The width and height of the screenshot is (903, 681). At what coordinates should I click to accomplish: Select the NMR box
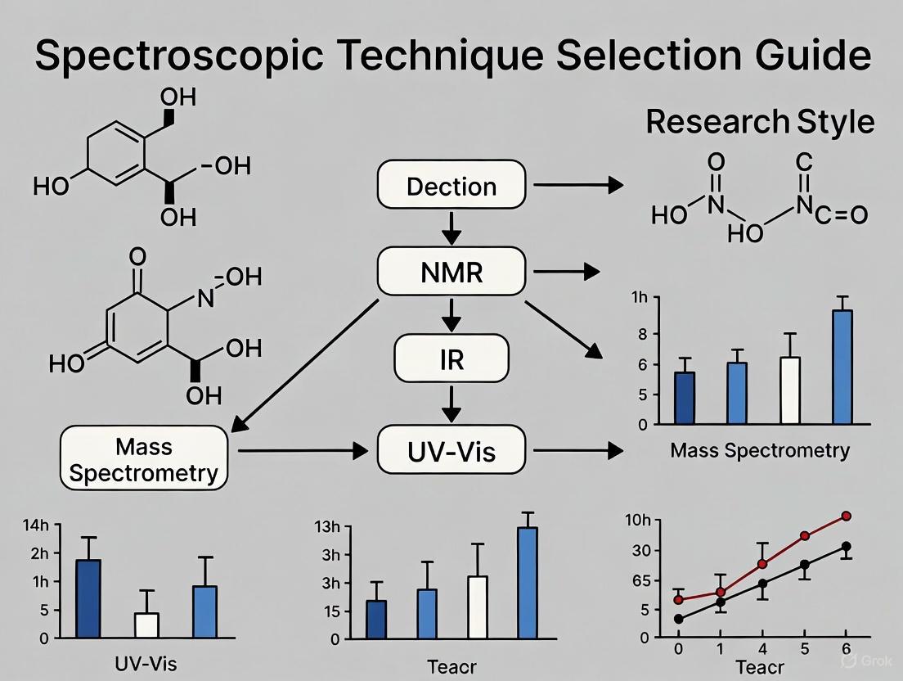pos(451,272)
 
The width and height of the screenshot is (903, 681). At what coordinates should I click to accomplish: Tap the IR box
pos(451,359)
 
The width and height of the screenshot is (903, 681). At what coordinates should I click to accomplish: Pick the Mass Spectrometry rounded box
pos(144,458)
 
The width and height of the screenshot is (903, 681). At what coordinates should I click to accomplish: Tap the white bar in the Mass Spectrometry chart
pos(790,390)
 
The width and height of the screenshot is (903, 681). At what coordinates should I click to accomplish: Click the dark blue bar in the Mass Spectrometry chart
pos(685,398)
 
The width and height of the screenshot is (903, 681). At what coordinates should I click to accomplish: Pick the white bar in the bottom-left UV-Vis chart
pos(146,625)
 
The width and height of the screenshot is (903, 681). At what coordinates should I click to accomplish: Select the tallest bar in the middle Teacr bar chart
pos(528,582)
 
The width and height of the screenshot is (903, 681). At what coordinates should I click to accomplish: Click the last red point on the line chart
pos(846,516)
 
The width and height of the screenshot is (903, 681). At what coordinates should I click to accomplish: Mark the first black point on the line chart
pos(678,619)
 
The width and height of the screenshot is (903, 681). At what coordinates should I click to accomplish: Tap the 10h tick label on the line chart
pos(638,521)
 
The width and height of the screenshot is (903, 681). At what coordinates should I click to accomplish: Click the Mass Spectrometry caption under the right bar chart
pos(759,450)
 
